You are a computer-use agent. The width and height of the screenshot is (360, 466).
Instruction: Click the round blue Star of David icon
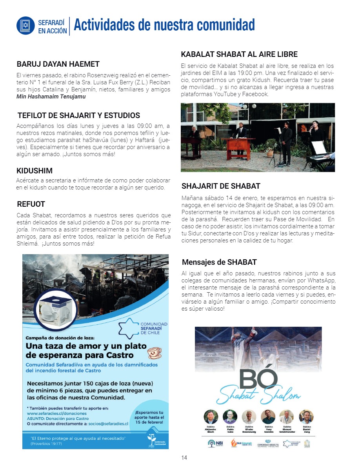click(x=26, y=25)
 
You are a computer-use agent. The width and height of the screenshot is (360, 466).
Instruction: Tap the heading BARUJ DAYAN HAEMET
click(x=58, y=64)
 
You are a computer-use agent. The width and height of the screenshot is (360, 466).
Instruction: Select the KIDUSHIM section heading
click(x=35, y=171)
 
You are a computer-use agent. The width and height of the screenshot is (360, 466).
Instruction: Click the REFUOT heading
click(x=31, y=204)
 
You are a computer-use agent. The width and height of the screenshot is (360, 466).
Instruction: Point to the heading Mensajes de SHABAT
click(x=219, y=262)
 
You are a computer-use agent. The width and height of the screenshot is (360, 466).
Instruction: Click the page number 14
click(x=184, y=457)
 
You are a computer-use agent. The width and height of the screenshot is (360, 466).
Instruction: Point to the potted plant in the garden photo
click(x=271, y=148)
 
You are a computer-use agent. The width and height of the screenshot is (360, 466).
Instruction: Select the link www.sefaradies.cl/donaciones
click(x=57, y=413)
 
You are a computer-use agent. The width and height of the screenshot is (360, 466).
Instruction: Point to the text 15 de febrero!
click(x=149, y=422)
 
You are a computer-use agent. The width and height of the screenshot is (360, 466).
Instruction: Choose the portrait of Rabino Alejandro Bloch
click(x=211, y=416)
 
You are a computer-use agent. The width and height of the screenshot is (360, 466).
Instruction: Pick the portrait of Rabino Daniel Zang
click(x=306, y=416)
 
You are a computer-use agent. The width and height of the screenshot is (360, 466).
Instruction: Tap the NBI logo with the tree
click(x=215, y=443)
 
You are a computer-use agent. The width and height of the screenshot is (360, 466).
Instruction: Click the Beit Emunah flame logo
click(x=239, y=443)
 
